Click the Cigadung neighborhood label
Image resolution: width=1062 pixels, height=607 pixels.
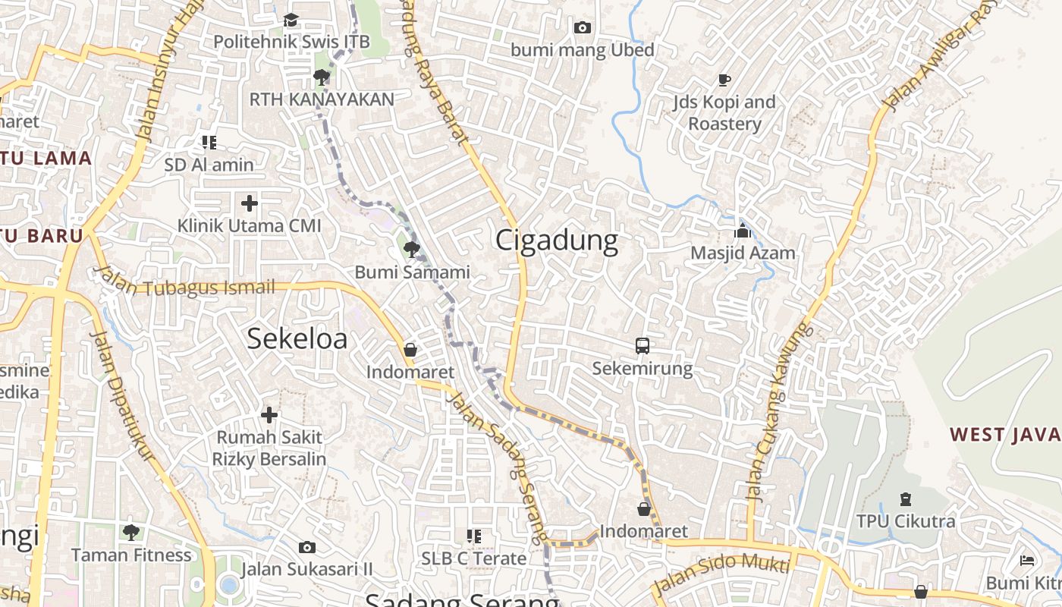[557, 241]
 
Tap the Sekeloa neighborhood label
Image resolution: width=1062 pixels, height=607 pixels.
[297, 338]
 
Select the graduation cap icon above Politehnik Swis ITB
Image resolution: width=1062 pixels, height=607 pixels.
[291, 20]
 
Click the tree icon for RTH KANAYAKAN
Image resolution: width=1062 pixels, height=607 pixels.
[322, 77]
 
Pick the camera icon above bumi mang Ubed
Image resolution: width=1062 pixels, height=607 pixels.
[582, 28]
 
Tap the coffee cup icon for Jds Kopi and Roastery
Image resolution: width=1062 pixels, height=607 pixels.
[724, 80]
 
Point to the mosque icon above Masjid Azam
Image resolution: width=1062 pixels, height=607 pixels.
[743, 231]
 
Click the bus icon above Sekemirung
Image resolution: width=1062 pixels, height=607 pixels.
[643, 346]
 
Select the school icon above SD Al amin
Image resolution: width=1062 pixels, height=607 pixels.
[209, 142]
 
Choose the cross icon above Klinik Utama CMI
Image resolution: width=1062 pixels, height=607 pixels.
[250, 203]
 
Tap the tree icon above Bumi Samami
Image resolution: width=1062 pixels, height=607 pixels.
[412, 249]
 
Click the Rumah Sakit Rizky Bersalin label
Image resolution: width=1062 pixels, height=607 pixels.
[269, 448]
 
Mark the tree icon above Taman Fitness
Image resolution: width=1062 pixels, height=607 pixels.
[131, 532]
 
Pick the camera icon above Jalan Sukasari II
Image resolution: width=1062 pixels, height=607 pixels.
[307, 547]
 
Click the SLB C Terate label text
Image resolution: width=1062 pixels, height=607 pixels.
[474, 558]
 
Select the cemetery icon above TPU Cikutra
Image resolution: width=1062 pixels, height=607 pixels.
[905, 499]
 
